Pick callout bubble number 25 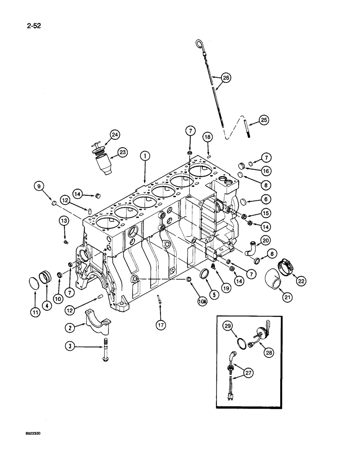[x=264, y=121]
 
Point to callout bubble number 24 [x=115, y=135]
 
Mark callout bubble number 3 [x=70, y=346]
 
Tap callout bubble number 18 [x=208, y=137]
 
